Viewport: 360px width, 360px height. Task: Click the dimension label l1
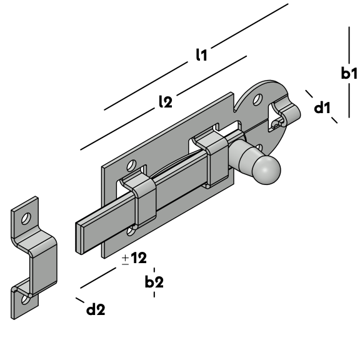coord(201,55)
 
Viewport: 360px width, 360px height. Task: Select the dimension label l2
coord(166,102)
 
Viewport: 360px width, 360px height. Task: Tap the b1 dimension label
coord(349,73)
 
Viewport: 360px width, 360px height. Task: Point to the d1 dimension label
coord(322,107)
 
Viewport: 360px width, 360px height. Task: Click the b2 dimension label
coord(154,281)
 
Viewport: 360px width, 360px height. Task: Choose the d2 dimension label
coord(96,309)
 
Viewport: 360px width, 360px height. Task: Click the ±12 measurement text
coord(134,258)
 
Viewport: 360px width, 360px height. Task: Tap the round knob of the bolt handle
coord(266,170)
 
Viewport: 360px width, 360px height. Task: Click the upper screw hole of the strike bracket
coord(26,218)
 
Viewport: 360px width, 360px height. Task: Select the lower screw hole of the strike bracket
coord(25,299)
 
